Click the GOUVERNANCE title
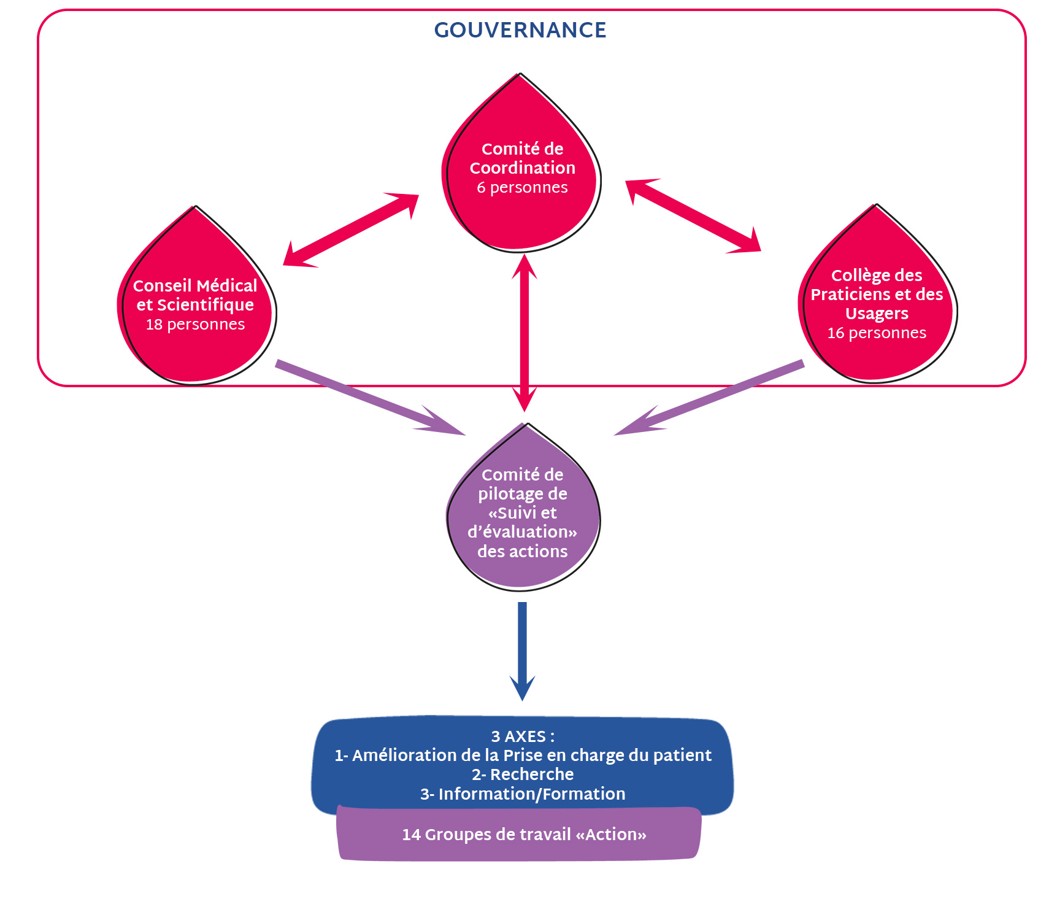[x=520, y=30]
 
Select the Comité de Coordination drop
[x=521, y=215]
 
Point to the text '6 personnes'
[x=522, y=187]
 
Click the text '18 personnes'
[x=195, y=324]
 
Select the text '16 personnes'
[x=877, y=333]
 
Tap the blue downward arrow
[x=522, y=651]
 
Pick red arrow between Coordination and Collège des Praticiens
[x=693, y=215]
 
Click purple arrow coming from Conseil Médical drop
[x=368, y=398]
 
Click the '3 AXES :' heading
[x=523, y=736]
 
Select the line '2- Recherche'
[x=523, y=774]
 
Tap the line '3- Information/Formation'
[x=523, y=794]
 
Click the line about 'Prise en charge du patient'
[x=523, y=755]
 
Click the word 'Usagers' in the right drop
[x=877, y=314]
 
